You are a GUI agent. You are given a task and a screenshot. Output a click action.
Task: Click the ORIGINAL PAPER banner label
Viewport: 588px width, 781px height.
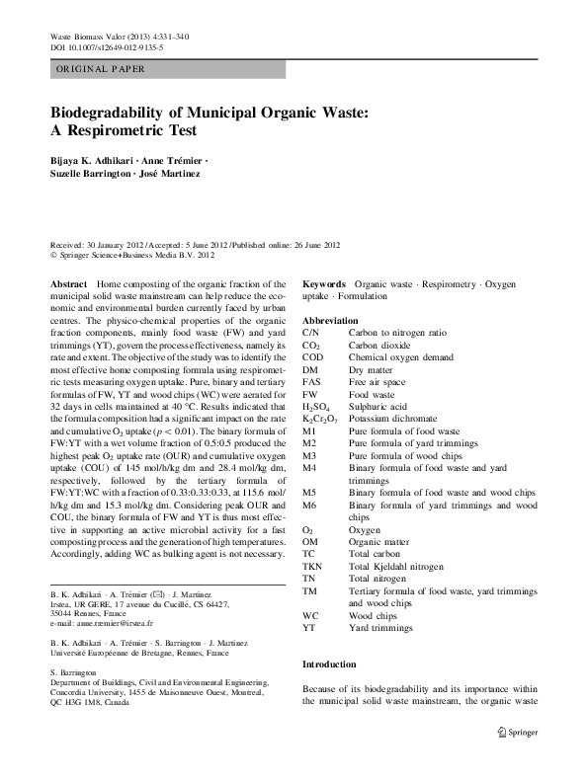(100, 69)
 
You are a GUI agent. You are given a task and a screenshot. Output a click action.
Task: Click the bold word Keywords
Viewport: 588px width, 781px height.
(324, 282)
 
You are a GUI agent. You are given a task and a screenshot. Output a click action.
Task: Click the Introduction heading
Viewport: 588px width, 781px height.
(333, 664)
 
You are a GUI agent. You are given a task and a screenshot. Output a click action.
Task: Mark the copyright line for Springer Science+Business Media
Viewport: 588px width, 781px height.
(131, 253)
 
